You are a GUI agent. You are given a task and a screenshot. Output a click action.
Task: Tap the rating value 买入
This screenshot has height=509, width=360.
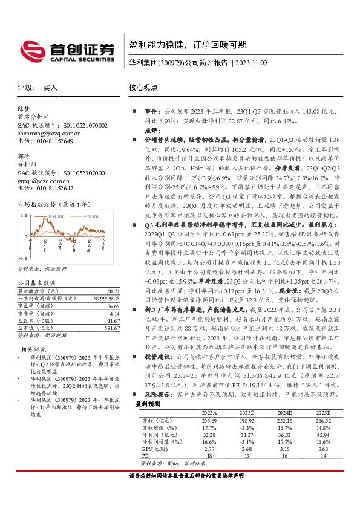click(x=50, y=88)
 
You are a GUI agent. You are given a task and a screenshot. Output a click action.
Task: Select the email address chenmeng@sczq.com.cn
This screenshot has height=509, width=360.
click(x=49, y=132)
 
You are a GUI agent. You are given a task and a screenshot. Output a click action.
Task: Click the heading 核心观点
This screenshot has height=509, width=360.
click(x=143, y=88)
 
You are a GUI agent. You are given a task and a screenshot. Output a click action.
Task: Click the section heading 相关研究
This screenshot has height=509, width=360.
click(x=34, y=349)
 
